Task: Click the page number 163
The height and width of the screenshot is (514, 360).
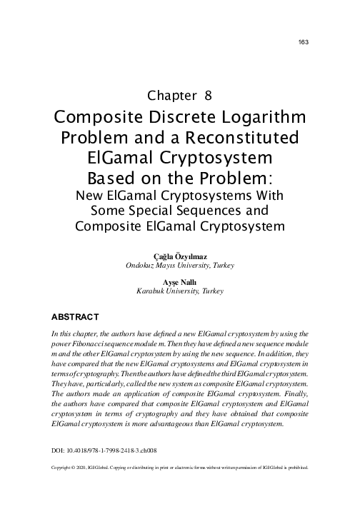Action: [302, 41]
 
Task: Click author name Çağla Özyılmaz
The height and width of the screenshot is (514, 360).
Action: [180, 255]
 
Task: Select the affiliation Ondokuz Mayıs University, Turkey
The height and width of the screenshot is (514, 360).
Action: [180, 265]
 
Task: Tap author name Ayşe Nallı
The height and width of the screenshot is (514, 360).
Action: [180, 282]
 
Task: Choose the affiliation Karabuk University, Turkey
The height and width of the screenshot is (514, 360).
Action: [180, 292]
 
